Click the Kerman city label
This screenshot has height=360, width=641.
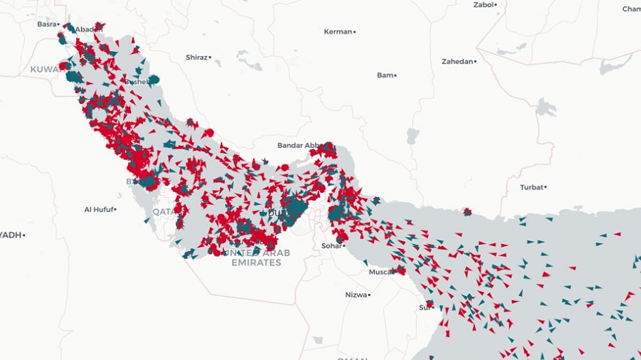coord(338,32)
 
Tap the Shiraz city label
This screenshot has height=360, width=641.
coord(196,57)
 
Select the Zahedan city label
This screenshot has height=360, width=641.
coord(457,62)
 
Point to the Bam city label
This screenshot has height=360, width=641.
coord(385,75)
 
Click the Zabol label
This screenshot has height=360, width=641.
coord(483,5)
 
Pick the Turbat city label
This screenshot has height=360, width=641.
coord(531,187)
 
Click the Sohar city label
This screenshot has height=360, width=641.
coord(331,246)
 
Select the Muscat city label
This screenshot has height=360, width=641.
coord(381,272)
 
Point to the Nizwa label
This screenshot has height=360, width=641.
coord(356,295)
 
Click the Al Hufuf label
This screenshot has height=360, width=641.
coord(98,209)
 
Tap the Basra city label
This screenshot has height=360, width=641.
coord(46,24)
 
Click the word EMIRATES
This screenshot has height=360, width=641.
coord(256,263)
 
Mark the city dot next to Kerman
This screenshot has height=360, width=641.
coord(354,32)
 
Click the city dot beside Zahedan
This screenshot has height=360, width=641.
coord(475,62)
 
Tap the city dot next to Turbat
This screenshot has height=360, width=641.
coord(545,187)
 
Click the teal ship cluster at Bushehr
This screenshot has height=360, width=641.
coord(154,80)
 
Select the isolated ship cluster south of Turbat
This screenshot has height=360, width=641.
coord(467,212)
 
